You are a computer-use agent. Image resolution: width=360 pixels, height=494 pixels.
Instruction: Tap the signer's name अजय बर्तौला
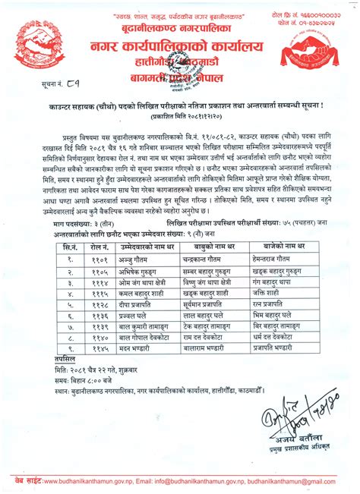coord(292,443)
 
